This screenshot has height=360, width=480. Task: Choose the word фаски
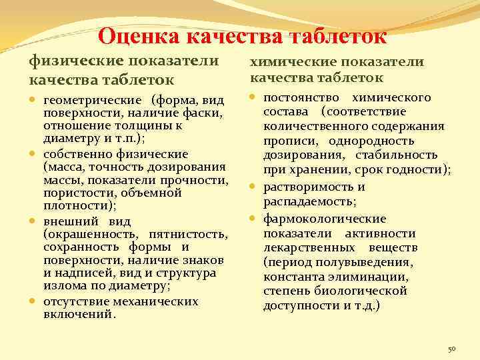coord(204,113)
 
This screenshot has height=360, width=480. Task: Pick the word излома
coord(63,287)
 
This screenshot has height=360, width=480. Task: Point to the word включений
coord(79,315)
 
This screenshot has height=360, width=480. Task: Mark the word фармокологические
coord(325,219)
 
